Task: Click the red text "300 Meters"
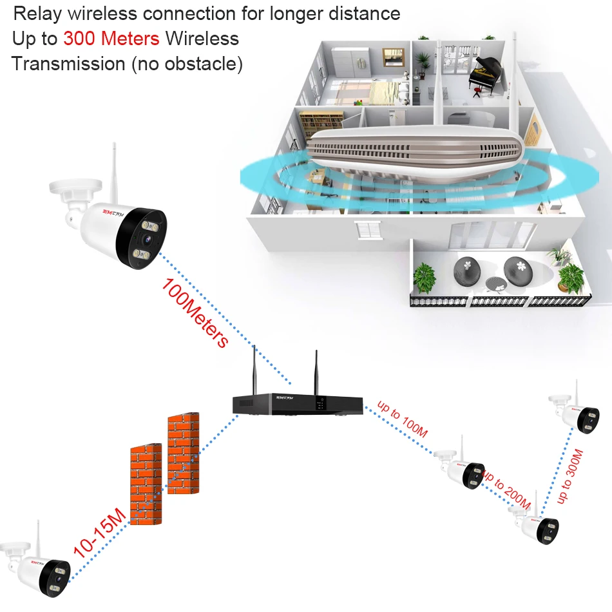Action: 111,39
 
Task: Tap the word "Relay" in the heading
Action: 37,14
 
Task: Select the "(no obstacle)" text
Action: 187,64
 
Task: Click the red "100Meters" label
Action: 195,312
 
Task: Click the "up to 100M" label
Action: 403,419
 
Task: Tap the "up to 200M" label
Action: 506,490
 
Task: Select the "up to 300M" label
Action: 570,476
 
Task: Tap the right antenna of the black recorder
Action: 316,372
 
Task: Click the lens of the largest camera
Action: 147,239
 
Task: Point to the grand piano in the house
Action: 484,74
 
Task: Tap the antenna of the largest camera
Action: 114,172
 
